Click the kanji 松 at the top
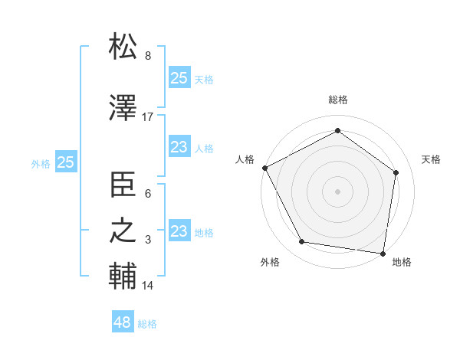click(123, 47)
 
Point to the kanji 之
click(123, 231)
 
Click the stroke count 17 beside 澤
click(148, 117)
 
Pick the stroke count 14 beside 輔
click(148, 286)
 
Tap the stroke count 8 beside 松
click(148, 56)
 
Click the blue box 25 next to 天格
click(179, 77)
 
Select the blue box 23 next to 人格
click(179, 147)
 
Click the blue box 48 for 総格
click(122, 322)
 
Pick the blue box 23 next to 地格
click(179, 231)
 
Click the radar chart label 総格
click(338, 100)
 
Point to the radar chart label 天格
click(431, 159)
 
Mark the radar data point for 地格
click(383, 253)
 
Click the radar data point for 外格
click(302, 242)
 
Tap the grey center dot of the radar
click(338, 191)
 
